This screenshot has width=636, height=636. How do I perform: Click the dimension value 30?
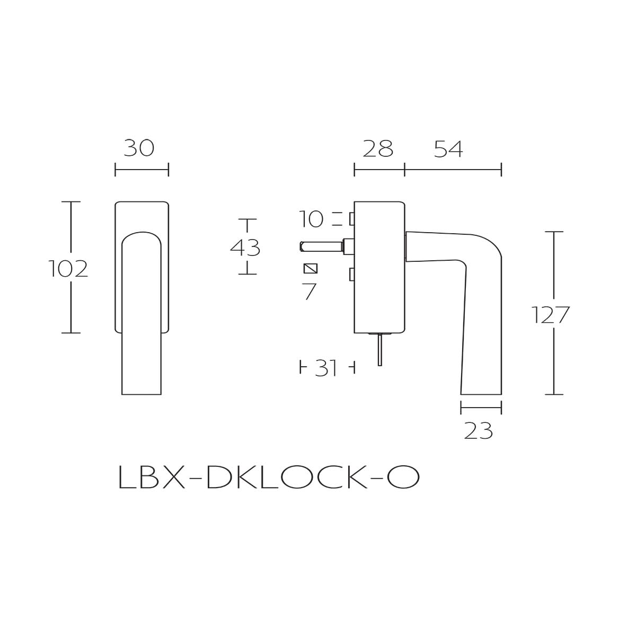(x=139, y=148)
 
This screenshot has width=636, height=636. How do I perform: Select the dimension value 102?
(x=68, y=269)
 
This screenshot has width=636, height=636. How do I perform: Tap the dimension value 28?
(x=378, y=149)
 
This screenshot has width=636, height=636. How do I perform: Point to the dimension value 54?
(x=448, y=149)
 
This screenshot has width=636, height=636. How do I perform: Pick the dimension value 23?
(x=479, y=431)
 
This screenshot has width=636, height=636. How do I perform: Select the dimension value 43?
(x=245, y=248)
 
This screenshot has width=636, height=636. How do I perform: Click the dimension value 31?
(x=326, y=367)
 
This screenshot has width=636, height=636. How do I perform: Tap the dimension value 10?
(x=311, y=219)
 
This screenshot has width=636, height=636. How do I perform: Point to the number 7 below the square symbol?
(x=310, y=291)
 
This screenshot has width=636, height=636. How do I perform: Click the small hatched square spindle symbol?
(x=311, y=268)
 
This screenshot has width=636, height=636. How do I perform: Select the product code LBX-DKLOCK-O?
(x=269, y=478)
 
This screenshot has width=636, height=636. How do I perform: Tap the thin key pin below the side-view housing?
(x=379, y=350)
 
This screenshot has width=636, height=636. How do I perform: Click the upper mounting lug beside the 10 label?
(x=351, y=218)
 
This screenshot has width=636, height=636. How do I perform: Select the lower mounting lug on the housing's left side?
(x=351, y=275)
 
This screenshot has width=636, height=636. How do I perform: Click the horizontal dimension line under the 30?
(x=142, y=170)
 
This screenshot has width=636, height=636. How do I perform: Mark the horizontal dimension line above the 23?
(x=481, y=408)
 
